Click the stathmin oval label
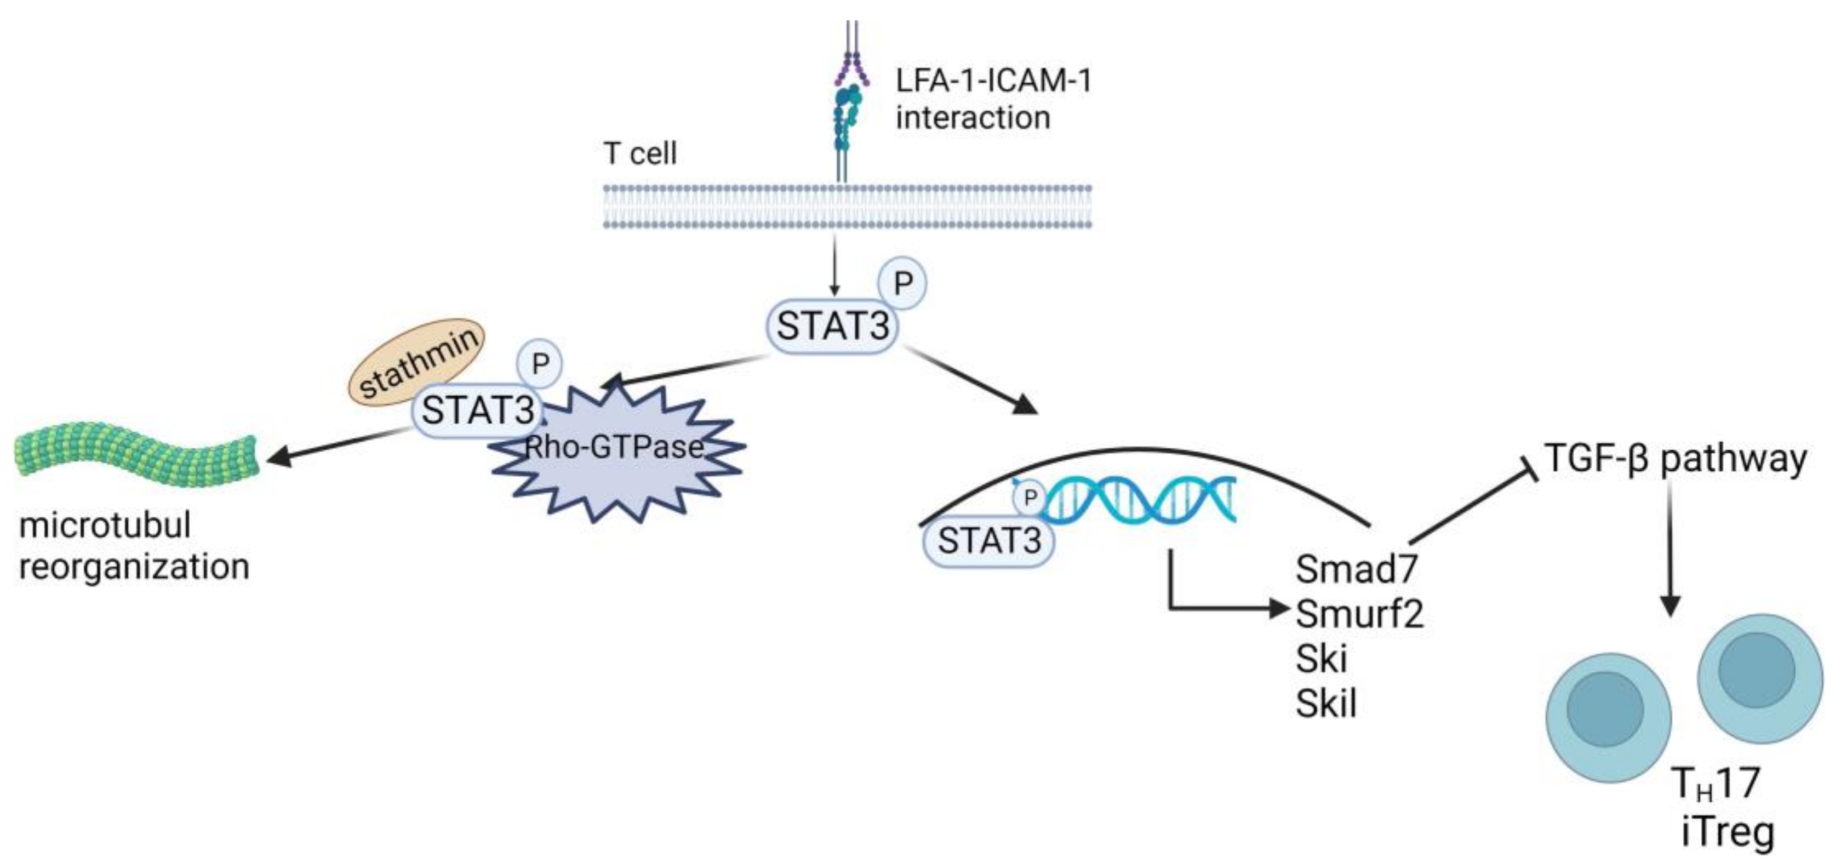pyautogui.click(x=416, y=362)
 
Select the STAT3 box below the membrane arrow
pyautogui.click(x=833, y=327)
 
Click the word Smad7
pyautogui.click(x=1357, y=570)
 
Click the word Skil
pyautogui.click(x=1327, y=704)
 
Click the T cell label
pyautogui.click(x=639, y=154)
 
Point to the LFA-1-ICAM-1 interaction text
pyautogui.click(x=993, y=99)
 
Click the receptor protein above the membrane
pyautogui.click(x=848, y=107)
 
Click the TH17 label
pyautogui.click(x=1715, y=784)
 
